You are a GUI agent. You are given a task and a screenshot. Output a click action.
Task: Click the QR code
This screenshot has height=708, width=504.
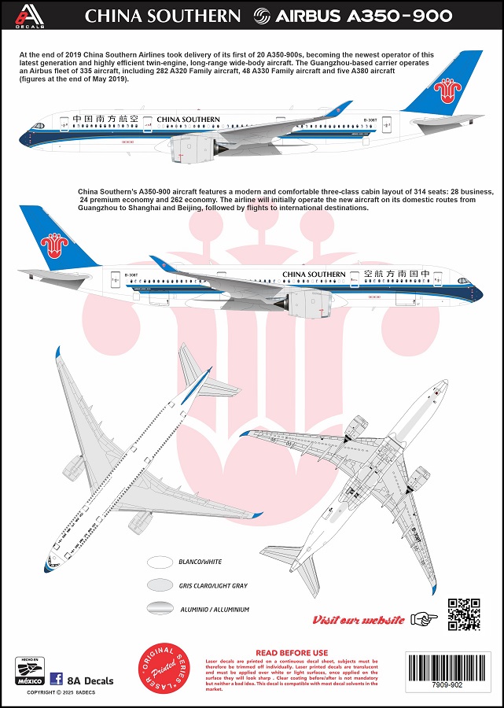pos(464,614)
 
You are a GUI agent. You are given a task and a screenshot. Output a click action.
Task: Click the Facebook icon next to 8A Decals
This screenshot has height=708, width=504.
pos(57,679)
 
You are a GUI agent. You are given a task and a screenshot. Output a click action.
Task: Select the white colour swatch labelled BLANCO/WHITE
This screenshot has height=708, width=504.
pos(160,562)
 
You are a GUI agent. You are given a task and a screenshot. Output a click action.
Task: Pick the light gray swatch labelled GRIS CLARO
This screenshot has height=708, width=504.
pos(160,585)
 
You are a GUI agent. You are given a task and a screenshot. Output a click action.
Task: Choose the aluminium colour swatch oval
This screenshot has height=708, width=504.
pos(160,608)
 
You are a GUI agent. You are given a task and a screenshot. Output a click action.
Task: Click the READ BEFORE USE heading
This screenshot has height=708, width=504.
pos(292,652)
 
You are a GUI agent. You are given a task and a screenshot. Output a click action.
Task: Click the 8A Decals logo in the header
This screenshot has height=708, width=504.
pos(26,14)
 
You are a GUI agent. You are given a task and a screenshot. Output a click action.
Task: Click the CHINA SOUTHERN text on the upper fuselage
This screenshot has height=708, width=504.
pos(188,120)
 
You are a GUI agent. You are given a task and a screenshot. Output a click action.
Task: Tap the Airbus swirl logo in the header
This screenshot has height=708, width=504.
pos(261,16)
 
